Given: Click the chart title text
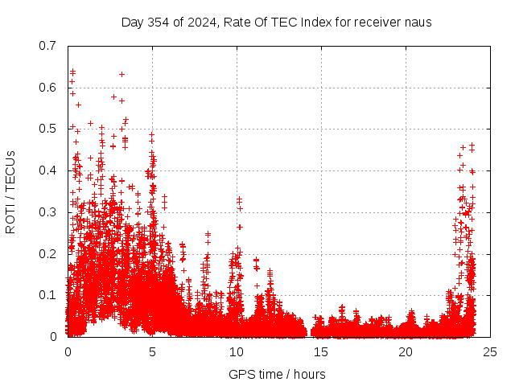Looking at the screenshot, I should point(277,22).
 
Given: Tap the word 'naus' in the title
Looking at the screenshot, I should point(417,22).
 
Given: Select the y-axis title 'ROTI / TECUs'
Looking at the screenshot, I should point(10,191).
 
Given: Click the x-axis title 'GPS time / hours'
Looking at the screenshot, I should point(277,374).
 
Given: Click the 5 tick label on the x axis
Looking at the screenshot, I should point(152,351).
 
